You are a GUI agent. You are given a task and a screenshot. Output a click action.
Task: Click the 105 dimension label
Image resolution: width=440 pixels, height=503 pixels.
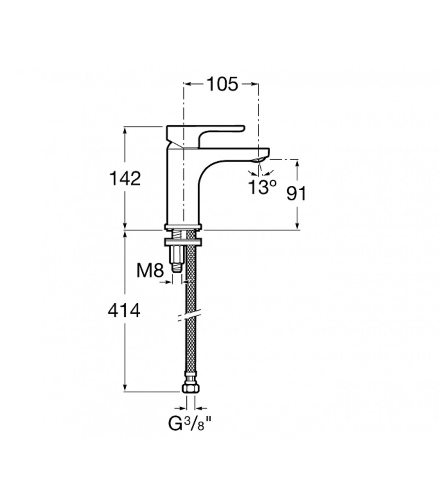tap(222, 84)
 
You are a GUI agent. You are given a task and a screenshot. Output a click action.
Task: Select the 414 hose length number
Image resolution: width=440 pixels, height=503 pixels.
tap(124, 311)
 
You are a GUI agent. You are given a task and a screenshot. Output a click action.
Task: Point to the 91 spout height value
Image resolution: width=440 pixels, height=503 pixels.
tap(296, 193)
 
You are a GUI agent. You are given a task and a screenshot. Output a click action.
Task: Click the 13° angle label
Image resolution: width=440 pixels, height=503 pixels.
tap(262, 187)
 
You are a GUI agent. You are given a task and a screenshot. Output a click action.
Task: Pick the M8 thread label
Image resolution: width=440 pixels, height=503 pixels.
tap(150, 271)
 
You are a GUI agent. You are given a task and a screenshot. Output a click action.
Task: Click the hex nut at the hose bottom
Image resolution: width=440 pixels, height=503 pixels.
tap(191, 388)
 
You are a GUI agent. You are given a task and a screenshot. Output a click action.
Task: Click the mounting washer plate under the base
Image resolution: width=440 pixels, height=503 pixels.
tap(183, 242)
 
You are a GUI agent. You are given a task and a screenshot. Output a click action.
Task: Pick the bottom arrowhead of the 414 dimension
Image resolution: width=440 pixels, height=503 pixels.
tap(125, 387)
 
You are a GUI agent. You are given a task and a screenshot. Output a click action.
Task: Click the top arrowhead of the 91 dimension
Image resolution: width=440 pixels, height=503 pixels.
tap(297, 164)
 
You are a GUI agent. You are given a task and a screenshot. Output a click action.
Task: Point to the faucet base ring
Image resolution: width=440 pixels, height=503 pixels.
tap(183, 227)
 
